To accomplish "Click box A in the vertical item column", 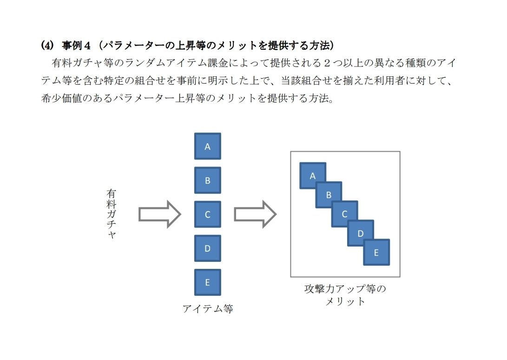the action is click(x=208, y=146).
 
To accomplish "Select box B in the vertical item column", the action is click(x=208, y=180).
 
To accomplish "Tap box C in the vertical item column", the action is click(x=208, y=214).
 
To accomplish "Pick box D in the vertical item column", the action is click(x=208, y=248).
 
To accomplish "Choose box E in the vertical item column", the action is click(x=208, y=282).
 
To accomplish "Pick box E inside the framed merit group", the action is click(x=376, y=252).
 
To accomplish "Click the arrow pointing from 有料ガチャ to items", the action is click(x=159, y=214).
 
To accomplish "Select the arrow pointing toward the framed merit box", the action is click(x=255, y=214).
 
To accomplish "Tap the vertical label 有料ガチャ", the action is click(x=111, y=214).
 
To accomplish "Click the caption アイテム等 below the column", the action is click(x=208, y=308).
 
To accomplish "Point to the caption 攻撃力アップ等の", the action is click(x=345, y=288).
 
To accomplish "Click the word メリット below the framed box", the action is click(x=345, y=301).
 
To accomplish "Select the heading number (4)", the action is click(x=47, y=45).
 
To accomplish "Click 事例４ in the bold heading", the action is click(x=76, y=45).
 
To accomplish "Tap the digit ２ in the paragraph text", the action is click(x=327, y=63).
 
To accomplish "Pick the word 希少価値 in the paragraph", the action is click(x=61, y=98).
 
